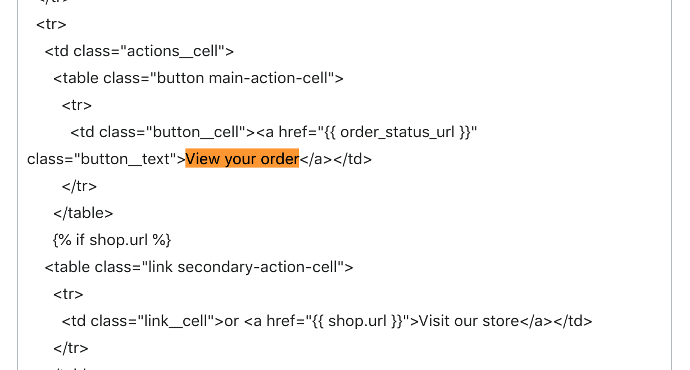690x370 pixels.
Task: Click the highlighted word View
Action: pyautogui.click(x=203, y=159)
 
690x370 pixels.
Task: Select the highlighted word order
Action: pyautogui.click(x=279, y=159)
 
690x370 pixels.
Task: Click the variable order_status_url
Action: pyautogui.click(x=397, y=132)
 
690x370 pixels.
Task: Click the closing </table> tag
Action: pyautogui.click(x=83, y=213)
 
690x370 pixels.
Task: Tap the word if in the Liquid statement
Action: pyautogui.click(x=80, y=240)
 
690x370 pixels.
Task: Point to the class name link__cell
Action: pyautogui.click(x=176, y=321)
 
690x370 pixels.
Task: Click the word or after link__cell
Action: pyautogui.click(x=231, y=321)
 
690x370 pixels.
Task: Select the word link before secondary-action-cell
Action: pyautogui.click(x=161, y=267)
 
